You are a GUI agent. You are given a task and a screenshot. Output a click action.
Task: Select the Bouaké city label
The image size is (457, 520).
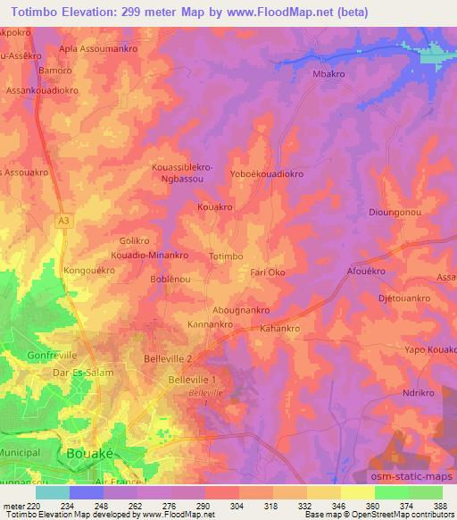[90, 453]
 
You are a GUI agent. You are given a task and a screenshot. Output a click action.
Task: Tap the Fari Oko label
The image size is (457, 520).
[268, 272]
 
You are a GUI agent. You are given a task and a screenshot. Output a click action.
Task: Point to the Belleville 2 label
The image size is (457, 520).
[168, 358]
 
